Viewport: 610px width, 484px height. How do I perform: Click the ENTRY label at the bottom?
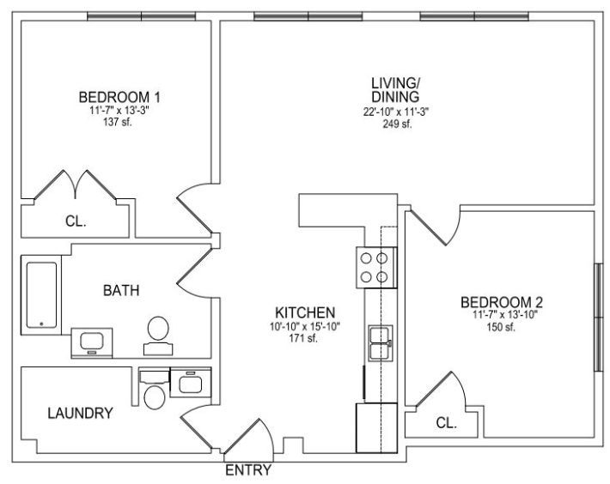coord(248,470)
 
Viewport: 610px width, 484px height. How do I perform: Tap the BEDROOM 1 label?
coord(119,97)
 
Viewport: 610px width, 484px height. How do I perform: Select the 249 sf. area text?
coord(396,124)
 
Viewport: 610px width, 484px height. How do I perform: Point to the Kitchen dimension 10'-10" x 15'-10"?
coord(305,327)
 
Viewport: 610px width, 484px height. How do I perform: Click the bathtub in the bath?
coord(41,295)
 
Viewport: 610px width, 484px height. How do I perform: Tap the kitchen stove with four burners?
coord(376,268)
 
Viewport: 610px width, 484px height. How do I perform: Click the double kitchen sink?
coord(381,343)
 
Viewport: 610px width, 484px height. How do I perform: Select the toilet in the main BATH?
coord(158,336)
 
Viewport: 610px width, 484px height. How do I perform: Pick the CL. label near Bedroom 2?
coord(446,423)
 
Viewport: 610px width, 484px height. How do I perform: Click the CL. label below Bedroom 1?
coord(76,221)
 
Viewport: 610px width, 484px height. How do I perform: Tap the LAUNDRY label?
coord(80,413)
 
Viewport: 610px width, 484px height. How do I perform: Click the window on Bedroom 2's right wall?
coord(598,318)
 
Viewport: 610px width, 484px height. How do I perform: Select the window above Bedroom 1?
coord(141,16)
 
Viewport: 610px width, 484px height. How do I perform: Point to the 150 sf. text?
coord(501,327)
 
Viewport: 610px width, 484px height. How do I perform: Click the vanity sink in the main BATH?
coord(92,342)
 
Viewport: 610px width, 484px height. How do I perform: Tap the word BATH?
coord(121,291)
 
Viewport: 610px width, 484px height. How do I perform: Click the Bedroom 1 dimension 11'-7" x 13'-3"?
coord(119,111)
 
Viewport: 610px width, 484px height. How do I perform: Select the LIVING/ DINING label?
coord(396,89)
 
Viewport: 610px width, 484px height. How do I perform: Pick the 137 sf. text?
coord(118,123)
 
